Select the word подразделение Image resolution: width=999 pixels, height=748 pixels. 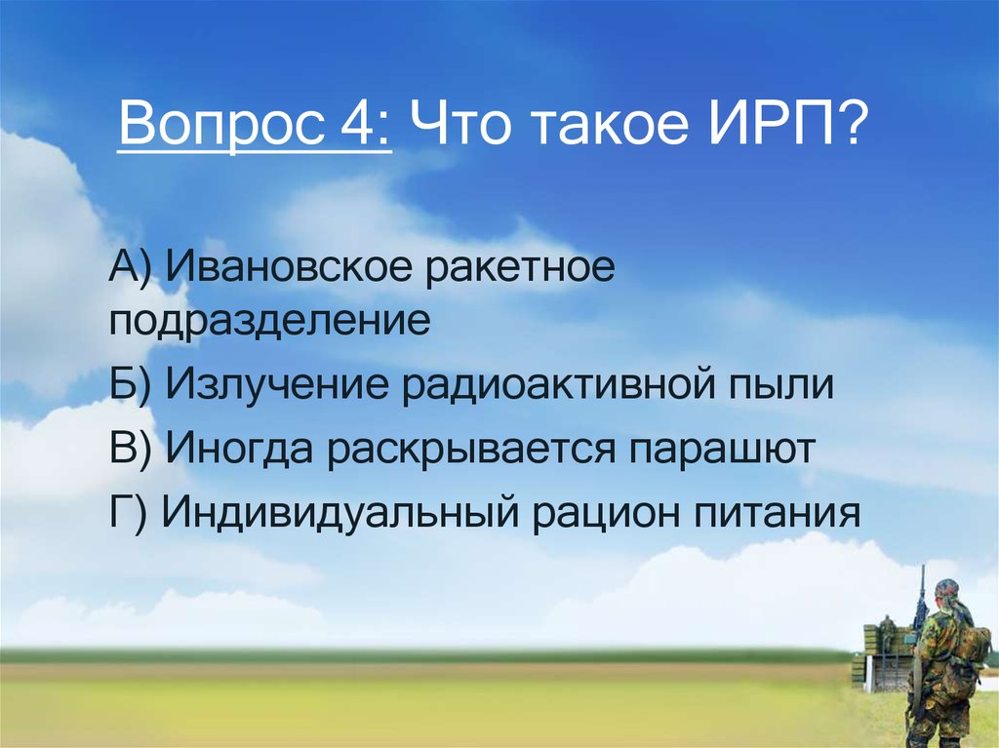(x=269, y=321)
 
